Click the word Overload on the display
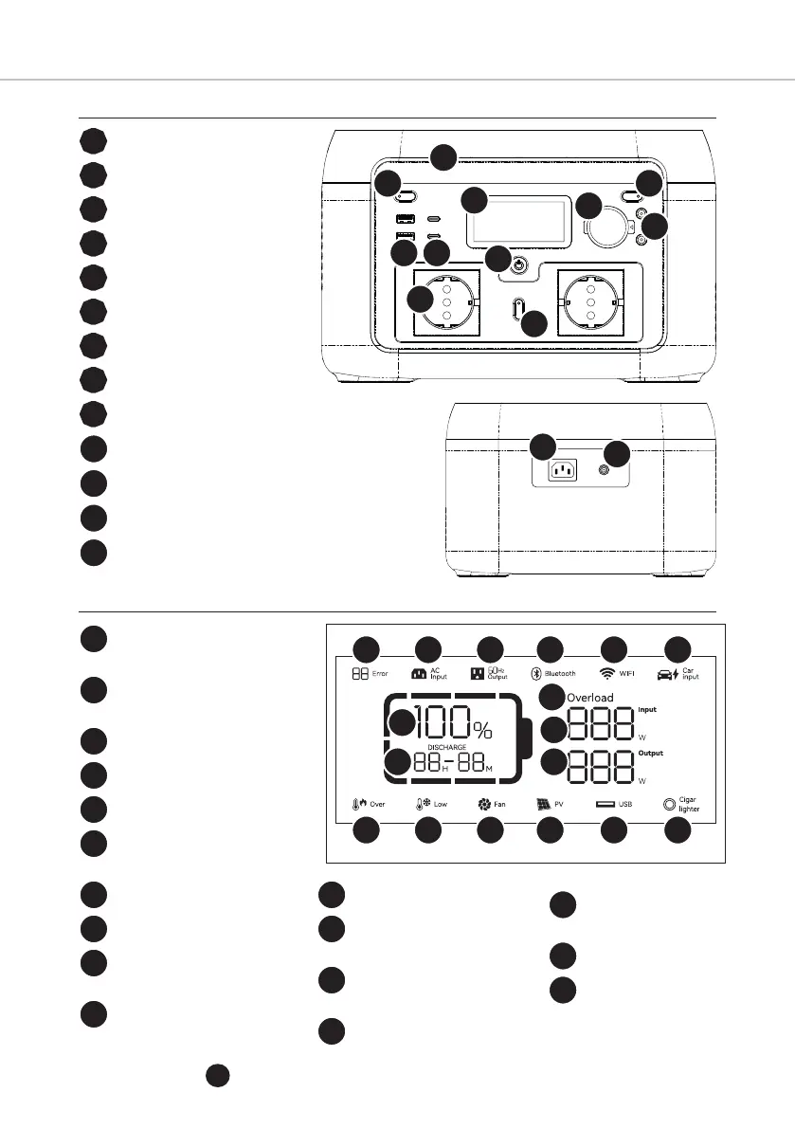pyautogui.click(x=590, y=698)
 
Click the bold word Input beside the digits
pyautogui.click(x=647, y=708)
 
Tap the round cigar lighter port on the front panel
pyautogui.click(x=603, y=228)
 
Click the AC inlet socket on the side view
pyautogui.click(x=566, y=471)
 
